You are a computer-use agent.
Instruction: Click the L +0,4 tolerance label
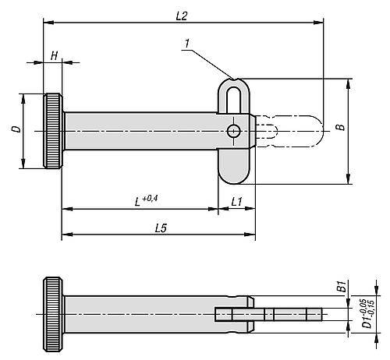(x=147, y=201)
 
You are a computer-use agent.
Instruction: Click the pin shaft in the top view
(x=140, y=132)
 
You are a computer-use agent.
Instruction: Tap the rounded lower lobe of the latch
(x=232, y=166)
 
